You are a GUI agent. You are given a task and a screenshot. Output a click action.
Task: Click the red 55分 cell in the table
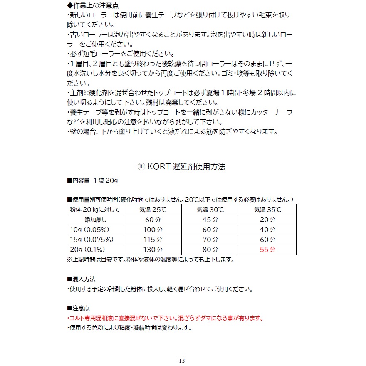[267, 250]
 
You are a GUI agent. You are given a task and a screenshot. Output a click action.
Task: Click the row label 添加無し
[96, 220]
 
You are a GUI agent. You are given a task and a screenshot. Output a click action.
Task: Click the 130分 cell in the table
[153, 250]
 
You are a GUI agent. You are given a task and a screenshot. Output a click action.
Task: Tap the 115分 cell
[153, 240]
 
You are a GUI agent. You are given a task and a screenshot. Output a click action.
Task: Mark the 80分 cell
[210, 250]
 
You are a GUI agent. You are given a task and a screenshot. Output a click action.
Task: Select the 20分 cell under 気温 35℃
[267, 220]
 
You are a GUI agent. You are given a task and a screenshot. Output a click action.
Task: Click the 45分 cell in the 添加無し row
[210, 220]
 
